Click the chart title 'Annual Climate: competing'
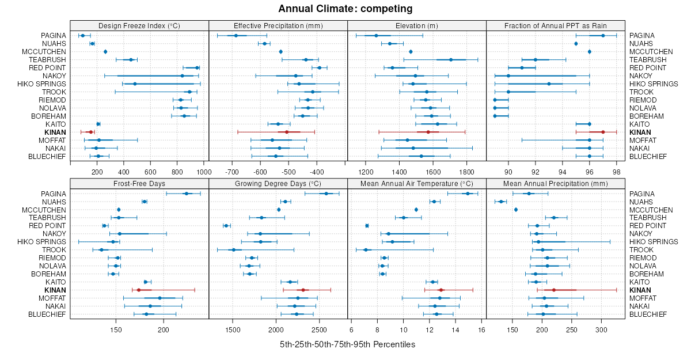345,9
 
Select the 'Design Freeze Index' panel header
139,25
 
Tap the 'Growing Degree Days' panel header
278,183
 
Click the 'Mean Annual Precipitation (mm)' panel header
556,183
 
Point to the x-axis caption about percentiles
347,344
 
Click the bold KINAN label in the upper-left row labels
56,132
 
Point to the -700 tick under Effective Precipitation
232,172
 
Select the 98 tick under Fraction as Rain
616,172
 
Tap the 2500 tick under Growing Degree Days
320,329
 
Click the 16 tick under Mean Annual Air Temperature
481,329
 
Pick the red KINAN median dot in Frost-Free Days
139,290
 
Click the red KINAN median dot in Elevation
428,132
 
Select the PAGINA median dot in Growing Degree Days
326,194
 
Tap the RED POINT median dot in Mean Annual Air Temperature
367,226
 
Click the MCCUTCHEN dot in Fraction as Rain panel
589,51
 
